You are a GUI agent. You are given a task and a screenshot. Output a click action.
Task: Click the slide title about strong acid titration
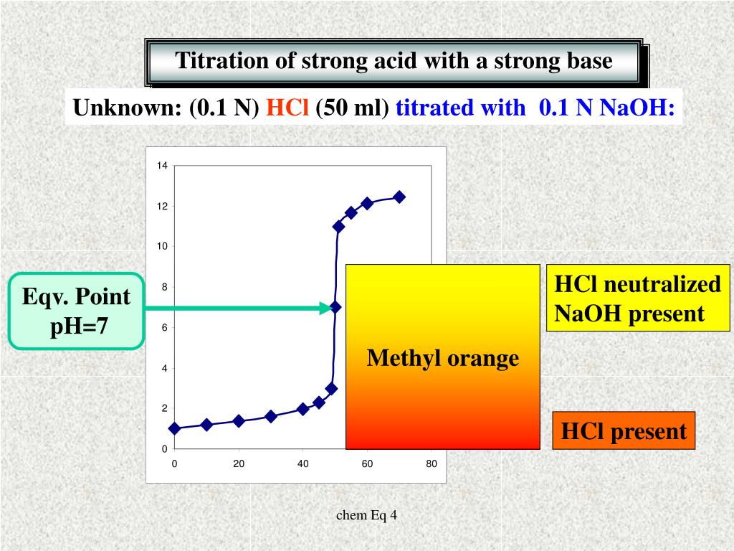tap(394, 61)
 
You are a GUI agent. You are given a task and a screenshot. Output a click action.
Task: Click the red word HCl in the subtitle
tap(287, 108)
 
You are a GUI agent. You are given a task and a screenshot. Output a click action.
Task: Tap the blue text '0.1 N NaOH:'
tap(606, 108)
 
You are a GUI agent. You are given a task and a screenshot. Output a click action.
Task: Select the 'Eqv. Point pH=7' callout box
tap(76, 311)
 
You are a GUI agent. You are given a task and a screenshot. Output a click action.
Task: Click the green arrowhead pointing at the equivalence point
tap(323, 309)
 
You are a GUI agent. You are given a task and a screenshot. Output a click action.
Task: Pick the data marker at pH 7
tap(335, 307)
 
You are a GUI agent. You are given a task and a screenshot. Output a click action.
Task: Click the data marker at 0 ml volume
tap(174, 428)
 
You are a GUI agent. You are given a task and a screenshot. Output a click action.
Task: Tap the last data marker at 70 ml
tap(399, 197)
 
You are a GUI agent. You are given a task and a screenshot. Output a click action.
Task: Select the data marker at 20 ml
tap(239, 421)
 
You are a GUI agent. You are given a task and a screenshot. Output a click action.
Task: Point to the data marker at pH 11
tap(338, 226)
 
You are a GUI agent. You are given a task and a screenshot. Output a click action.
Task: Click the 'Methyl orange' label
tap(442, 358)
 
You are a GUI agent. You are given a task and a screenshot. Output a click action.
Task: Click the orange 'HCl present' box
tap(623, 431)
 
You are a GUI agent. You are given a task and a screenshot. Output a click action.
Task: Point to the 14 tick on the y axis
tap(162, 166)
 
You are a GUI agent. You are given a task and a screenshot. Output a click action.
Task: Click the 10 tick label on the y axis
tap(162, 247)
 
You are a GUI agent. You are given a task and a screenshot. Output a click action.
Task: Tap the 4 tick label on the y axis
tap(164, 368)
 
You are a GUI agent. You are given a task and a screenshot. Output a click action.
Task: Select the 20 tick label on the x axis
tap(239, 463)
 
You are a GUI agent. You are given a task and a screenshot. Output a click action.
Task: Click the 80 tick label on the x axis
tap(432, 463)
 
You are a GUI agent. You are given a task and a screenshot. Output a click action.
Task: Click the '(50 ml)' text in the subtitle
tap(351, 108)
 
